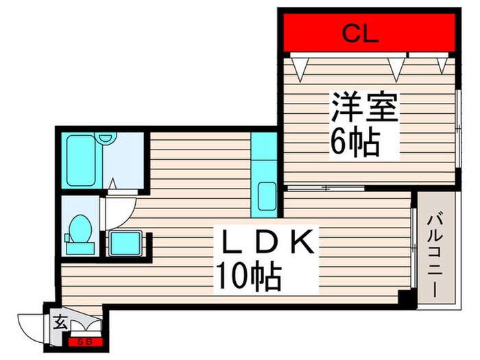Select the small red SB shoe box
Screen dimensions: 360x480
coord(86,341)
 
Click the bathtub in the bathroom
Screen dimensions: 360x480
coord(83,160)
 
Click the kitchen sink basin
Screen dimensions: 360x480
coord(265,197)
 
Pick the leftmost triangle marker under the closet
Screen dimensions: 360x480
coord(298,67)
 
